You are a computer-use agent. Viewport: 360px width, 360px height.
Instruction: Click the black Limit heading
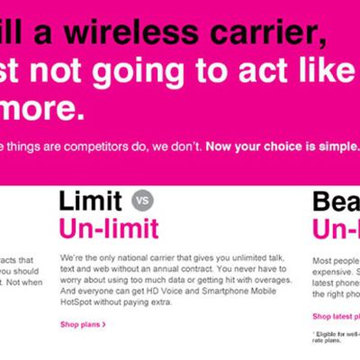coord(92,200)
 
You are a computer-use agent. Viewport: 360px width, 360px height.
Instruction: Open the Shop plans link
coord(83,324)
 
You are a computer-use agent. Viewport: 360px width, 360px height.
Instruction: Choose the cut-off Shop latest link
coord(336,317)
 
